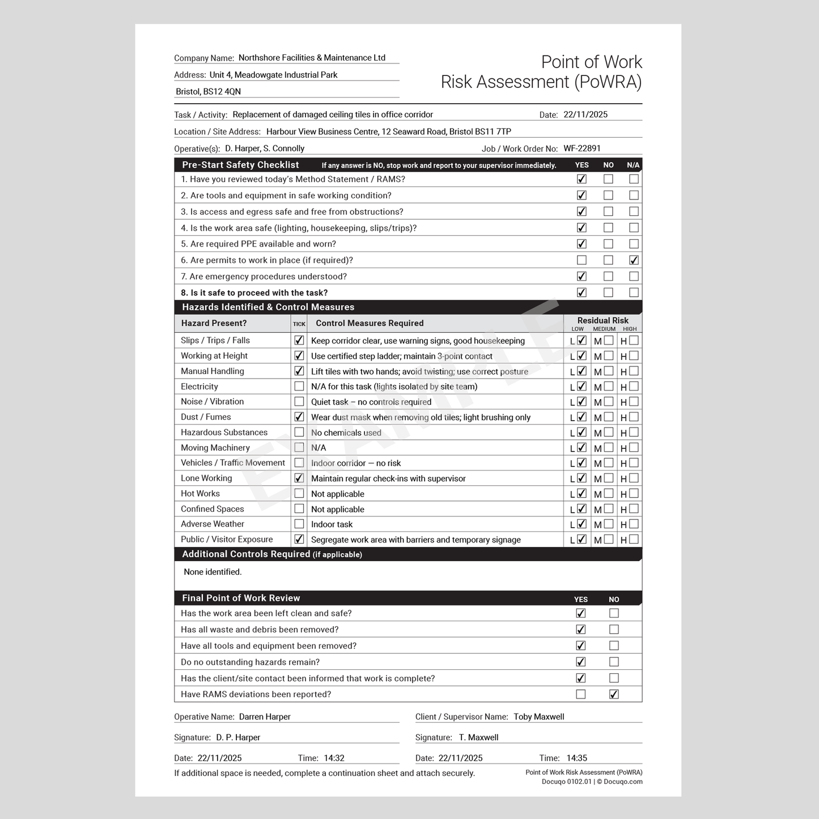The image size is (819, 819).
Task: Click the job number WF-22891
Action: click(x=582, y=148)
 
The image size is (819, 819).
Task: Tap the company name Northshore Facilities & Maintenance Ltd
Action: click(x=312, y=58)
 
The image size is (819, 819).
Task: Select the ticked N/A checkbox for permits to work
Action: click(x=634, y=260)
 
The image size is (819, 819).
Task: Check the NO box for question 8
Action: click(x=608, y=292)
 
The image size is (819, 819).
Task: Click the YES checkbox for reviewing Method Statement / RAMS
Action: click(x=582, y=179)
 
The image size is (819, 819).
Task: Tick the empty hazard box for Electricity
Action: click(x=299, y=387)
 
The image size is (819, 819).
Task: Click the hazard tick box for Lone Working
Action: click(x=299, y=478)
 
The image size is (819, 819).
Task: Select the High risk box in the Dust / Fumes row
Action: click(x=634, y=417)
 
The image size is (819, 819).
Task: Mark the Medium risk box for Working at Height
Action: click(x=609, y=356)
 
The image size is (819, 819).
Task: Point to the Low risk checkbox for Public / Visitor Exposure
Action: click(x=582, y=540)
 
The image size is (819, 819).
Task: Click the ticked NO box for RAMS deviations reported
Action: click(x=614, y=694)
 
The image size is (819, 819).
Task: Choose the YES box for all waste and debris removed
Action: click(x=581, y=630)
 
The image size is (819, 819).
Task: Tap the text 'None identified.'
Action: click(x=213, y=572)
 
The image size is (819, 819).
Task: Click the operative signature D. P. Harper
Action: click(x=238, y=737)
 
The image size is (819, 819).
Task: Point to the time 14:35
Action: click(x=576, y=758)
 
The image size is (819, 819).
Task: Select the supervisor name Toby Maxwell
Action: click(x=538, y=717)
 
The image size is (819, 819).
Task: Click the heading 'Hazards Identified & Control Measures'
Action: click(x=268, y=307)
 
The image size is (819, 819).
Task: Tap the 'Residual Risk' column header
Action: click(x=602, y=320)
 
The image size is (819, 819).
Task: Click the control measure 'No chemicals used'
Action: click(x=346, y=433)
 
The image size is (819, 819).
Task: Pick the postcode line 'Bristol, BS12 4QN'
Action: click(x=208, y=92)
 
